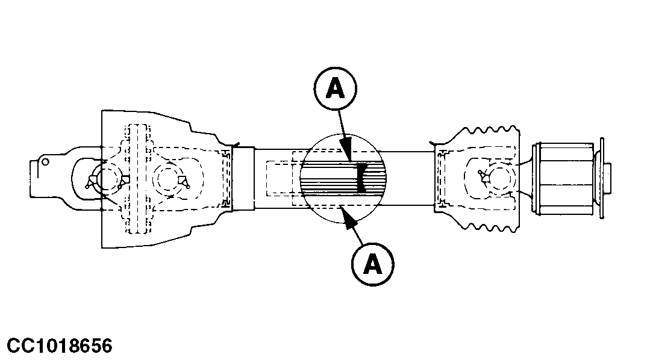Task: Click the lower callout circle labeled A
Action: click(x=372, y=262)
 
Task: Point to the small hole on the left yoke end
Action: click(x=44, y=161)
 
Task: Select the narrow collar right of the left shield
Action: click(x=243, y=178)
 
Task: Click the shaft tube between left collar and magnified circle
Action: click(x=277, y=178)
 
